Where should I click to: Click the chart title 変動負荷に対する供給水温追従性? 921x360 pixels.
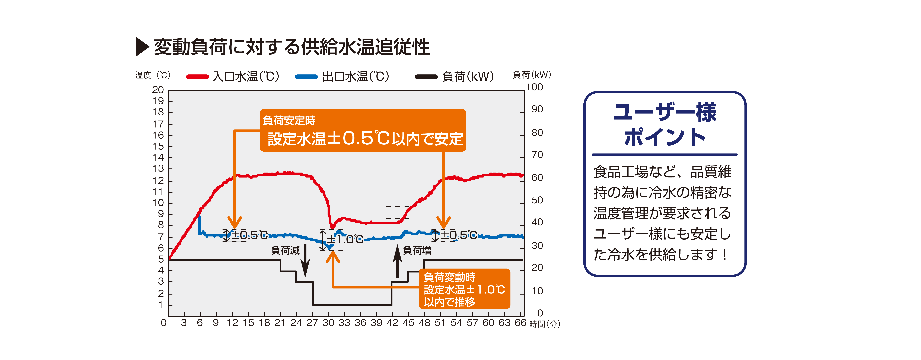point(291,47)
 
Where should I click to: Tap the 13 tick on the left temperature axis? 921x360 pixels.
point(158,169)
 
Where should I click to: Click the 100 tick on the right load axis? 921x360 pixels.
point(535,87)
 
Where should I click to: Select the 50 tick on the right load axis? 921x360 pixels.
point(537,200)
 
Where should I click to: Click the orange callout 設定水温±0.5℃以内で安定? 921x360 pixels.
point(363,131)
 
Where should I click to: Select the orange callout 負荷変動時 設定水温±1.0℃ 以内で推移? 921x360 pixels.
point(464,289)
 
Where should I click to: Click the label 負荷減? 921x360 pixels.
point(285,250)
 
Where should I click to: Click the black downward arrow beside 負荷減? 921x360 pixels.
point(305,261)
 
